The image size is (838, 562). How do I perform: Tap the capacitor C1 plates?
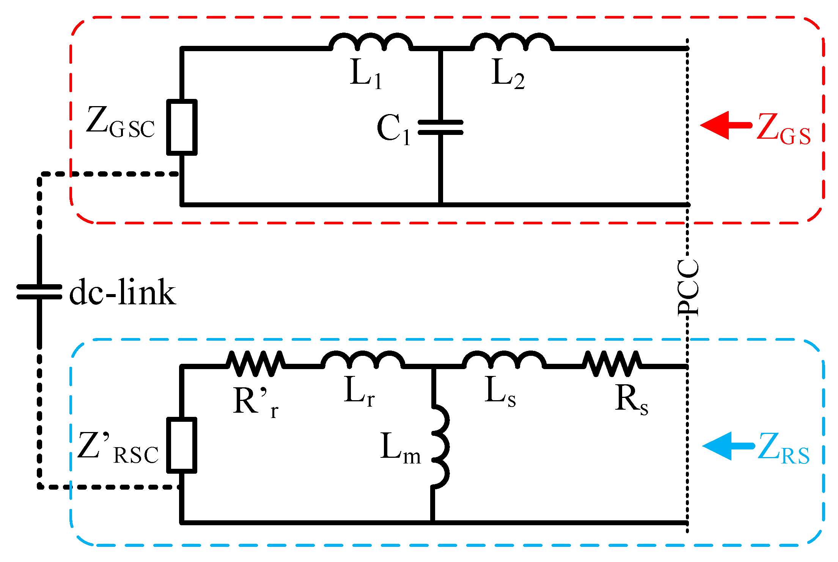[440, 127]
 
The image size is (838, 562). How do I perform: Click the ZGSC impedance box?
[182, 127]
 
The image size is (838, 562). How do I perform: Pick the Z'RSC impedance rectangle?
[182, 445]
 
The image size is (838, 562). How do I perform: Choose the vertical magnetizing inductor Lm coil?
[440, 446]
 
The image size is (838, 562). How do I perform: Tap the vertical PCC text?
[688, 288]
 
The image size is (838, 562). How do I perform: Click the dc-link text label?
[123, 292]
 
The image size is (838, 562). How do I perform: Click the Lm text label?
[400, 448]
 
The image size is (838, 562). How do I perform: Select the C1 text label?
[393, 130]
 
